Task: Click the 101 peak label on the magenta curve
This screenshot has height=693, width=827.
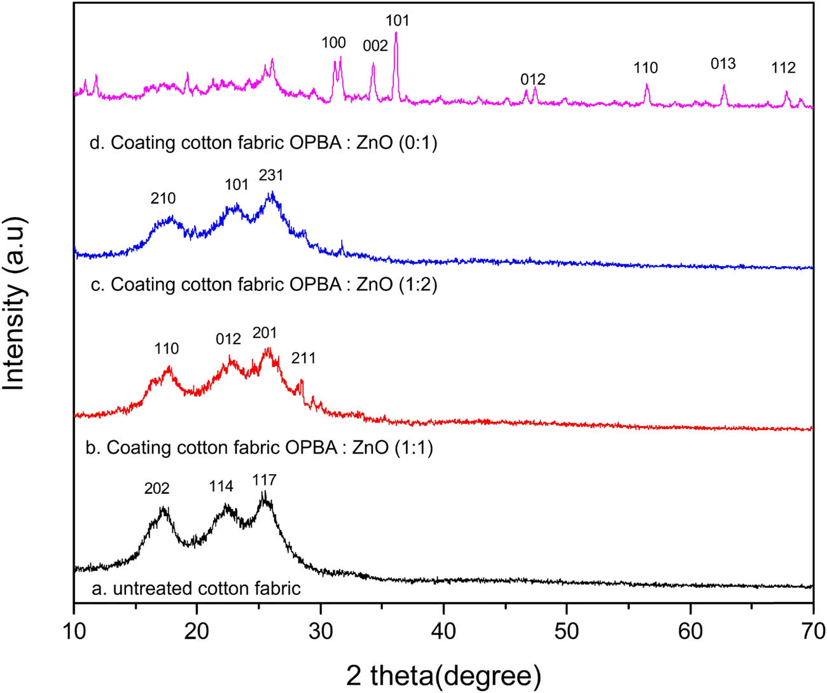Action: pyautogui.click(x=397, y=20)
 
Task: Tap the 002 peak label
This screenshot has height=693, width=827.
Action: pyautogui.click(x=375, y=45)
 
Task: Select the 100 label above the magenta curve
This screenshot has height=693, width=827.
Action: pyautogui.click(x=333, y=43)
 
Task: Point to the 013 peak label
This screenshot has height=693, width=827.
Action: pyautogui.click(x=723, y=64)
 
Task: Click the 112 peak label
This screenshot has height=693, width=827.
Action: pyautogui.click(x=783, y=68)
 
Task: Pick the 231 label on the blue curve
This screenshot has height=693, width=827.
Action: pyautogui.click(x=270, y=175)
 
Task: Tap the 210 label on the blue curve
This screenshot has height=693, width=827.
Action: pyautogui.click(x=163, y=199)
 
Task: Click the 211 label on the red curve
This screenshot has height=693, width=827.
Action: pyautogui.click(x=303, y=358)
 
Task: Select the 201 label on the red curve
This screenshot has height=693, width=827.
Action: pyautogui.click(x=265, y=333)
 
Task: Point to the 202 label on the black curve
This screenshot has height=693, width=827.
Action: pyautogui.click(x=156, y=489)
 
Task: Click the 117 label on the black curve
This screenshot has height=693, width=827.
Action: pyautogui.click(x=264, y=479)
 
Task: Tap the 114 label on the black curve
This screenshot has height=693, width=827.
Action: pyautogui.click(x=221, y=487)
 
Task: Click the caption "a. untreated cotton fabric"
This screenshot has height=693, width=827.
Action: pyautogui.click(x=196, y=589)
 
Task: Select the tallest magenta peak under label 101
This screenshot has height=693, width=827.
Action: pyautogui.click(x=396, y=36)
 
